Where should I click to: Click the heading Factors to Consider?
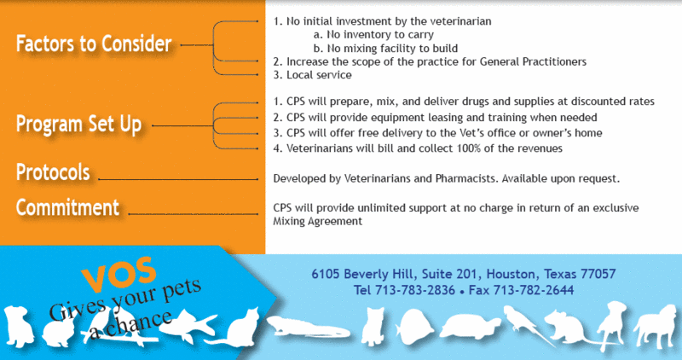pyautogui.click(x=94, y=44)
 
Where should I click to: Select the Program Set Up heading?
pyautogui.click(x=78, y=124)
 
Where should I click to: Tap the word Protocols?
pyautogui.click(x=53, y=172)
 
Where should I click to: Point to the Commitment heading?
pyautogui.click(x=67, y=207)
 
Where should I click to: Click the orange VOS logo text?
pyautogui.click(x=118, y=274)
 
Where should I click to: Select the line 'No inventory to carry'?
pyautogui.click(x=373, y=34)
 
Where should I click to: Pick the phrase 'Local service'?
pyautogui.click(x=319, y=75)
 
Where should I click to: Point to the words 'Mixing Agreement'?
pyautogui.click(x=317, y=221)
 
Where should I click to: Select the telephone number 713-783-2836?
pyautogui.click(x=415, y=290)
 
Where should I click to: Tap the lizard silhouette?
pyautogui.click(x=308, y=328)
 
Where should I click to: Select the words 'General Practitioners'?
pyautogui.click(x=533, y=61)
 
